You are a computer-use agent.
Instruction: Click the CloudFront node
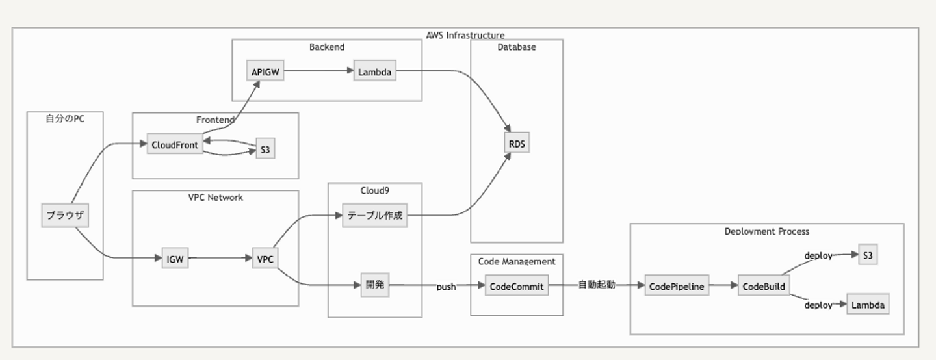[x=174, y=144]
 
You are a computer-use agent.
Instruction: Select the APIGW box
[x=265, y=71]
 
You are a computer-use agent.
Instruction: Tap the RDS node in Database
[x=517, y=144]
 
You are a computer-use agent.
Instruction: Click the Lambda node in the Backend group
[x=375, y=71]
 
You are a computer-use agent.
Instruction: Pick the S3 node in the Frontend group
[x=265, y=149]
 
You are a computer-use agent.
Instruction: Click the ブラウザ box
[x=65, y=215]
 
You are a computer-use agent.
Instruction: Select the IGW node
[x=175, y=259]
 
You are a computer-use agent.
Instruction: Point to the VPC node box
[x=265, y=259]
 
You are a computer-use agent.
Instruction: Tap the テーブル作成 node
[x=375, y=216]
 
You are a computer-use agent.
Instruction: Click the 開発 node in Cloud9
[x=375, y=285]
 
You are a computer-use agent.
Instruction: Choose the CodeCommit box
[x=517, y=286]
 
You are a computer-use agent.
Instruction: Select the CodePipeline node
[x=677, y=286]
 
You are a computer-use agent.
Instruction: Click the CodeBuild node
[x=764, y=286]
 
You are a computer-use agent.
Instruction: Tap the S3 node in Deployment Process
[x=868, y=255]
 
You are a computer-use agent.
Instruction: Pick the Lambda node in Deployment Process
[x=868, y=305]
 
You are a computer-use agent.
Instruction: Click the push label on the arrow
[x=446, y=287]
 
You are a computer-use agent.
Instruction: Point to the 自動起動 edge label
[x=597, y=285]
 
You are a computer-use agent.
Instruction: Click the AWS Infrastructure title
[x=465, y=36]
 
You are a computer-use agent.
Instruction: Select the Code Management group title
[x=517, y=261]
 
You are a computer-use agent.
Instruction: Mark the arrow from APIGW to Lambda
[x=318, y=71]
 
